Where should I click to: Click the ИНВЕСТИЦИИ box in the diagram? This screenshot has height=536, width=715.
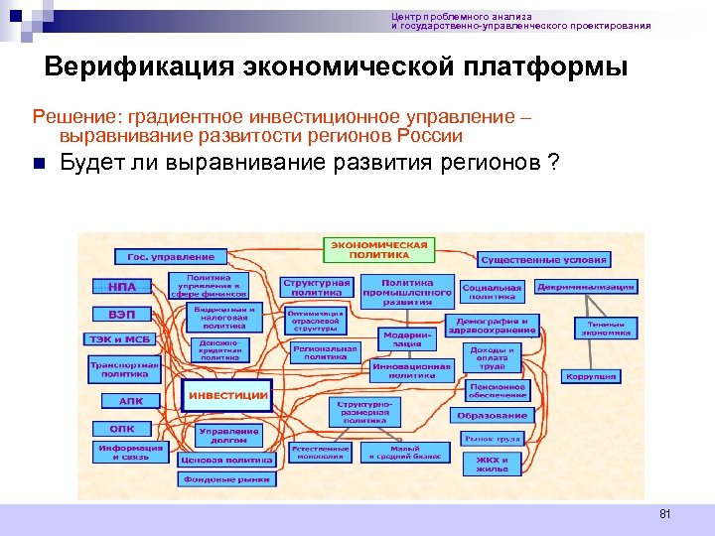click(x=228, y=395)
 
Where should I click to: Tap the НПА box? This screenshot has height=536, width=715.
click(x=122, y=287)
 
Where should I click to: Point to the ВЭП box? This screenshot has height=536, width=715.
click(x=122, y=314)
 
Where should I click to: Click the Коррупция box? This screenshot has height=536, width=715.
click(x=591, y=376)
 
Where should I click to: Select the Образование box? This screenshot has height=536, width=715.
click(x=493, y=415)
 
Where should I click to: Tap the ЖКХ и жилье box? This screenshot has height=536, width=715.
click(x=493, y=464)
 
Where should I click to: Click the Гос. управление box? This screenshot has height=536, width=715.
click(x=164, y=257)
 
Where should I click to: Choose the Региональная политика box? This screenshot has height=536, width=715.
click(x=325, y=352)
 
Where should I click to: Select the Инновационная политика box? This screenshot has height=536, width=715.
click(x=411, y=369)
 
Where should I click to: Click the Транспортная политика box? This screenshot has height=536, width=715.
click(x=124, y=369)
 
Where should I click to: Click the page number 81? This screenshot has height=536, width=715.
click(x=665, y=513)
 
